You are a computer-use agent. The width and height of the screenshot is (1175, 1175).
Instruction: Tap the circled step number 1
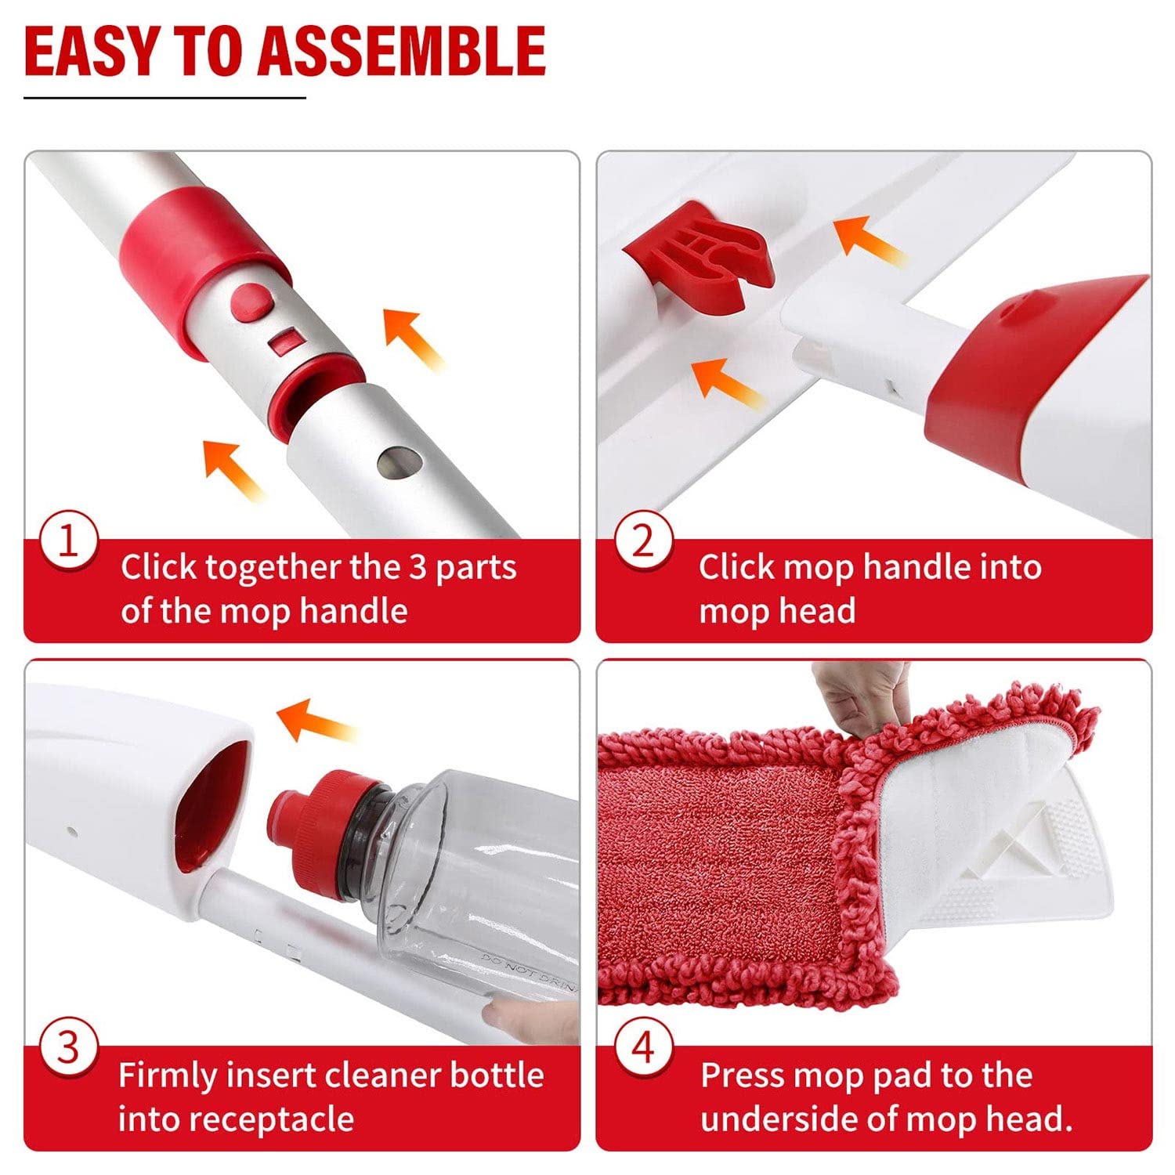coord(69,542)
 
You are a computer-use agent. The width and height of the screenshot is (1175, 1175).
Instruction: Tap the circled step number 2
coord(642,542)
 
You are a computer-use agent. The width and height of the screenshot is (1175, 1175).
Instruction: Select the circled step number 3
coord(69,1048)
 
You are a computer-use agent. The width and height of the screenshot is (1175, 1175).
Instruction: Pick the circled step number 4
coord(642,1048)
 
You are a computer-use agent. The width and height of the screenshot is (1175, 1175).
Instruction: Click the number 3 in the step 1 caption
coord(418,567)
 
